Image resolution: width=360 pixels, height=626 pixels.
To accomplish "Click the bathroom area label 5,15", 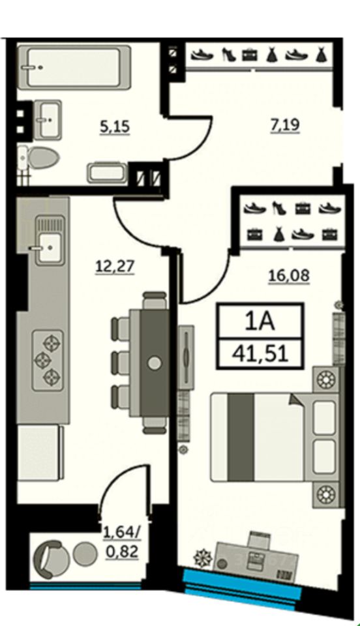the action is (x=115, y=127).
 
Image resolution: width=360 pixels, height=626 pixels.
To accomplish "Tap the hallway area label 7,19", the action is (x=284, y=125).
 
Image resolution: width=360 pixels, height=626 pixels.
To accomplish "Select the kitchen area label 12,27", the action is (x=115, y=266).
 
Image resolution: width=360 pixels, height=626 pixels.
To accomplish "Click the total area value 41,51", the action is (x=262, y=353).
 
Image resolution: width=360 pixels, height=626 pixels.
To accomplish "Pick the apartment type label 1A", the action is (x=260, y=321).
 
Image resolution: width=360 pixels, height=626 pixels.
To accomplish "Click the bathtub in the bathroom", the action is (x=74, y=67).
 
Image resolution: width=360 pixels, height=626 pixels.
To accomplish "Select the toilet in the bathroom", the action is (x=38, y=157).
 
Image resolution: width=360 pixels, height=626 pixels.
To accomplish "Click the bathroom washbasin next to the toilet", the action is (x=48, y=119).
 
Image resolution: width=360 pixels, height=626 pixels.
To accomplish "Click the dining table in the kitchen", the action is (x=155, y=363).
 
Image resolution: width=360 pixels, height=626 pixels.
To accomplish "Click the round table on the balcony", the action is (x=86, y=554).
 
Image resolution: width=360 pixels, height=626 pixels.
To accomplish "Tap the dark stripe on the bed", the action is (x=241, y=437).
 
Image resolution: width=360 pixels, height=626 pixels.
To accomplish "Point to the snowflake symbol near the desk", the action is (x=202, y=559).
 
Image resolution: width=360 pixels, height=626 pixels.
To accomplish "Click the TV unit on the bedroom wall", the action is (x=186, y=357).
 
